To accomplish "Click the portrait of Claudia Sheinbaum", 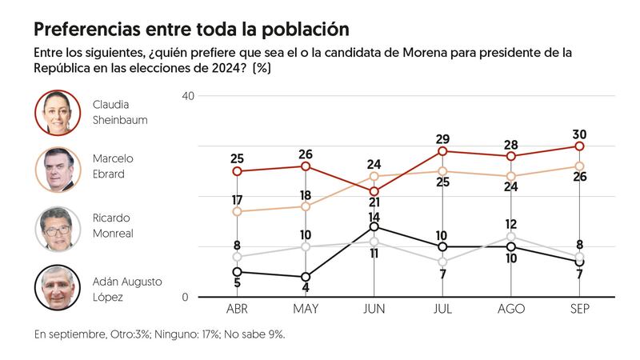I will tap(58, 113).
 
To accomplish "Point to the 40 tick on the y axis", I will tap(189, 96).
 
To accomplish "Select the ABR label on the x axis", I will tap(237, 310).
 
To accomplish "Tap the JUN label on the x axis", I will tap(374, 310).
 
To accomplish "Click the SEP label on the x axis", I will tap(579, 310).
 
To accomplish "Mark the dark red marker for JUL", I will tap(442, 151).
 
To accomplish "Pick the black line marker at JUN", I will tap(374, 227).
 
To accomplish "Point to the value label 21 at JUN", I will tap(374, 203).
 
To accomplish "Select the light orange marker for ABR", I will tap(237, 211).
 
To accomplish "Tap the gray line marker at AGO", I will tap(511, 237).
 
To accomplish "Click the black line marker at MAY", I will tap(306, 277).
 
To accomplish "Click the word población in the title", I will tap(302, 30).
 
